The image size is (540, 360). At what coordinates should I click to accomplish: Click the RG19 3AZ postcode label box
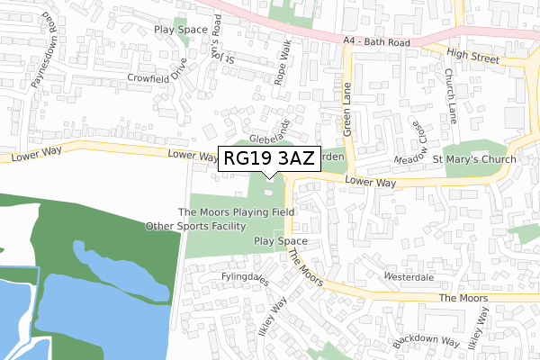[269, 159]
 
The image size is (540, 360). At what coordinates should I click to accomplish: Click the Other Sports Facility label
[195, 226]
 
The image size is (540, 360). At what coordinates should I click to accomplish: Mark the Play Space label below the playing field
[281, 241]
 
